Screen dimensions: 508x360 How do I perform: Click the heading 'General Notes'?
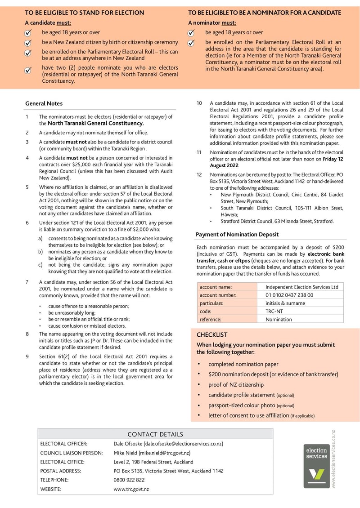(44, 103)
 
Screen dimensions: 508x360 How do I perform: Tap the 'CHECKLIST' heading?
(212, 335)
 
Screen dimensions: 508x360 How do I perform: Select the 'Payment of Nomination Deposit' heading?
(237, 234)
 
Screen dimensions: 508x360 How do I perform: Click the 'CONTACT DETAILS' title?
(155, 434)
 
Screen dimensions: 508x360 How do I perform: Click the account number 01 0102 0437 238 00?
(289, 295)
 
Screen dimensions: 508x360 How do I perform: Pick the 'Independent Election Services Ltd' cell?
(301, 287)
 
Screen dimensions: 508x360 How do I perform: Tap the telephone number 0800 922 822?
(129, 480)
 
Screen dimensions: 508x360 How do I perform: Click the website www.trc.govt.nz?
(131, 489)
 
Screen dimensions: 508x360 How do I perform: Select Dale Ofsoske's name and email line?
(168, 444)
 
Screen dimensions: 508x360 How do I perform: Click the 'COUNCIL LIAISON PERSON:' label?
(71, 453)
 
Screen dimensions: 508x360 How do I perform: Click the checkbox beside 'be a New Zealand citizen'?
(28, 43)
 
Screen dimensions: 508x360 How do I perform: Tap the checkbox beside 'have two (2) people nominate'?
(28, 71)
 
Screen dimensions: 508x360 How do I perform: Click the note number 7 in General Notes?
(27, 282)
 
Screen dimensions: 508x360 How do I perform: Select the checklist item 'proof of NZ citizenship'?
(236, 385)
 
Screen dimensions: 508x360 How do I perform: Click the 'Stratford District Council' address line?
(277, 221)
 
